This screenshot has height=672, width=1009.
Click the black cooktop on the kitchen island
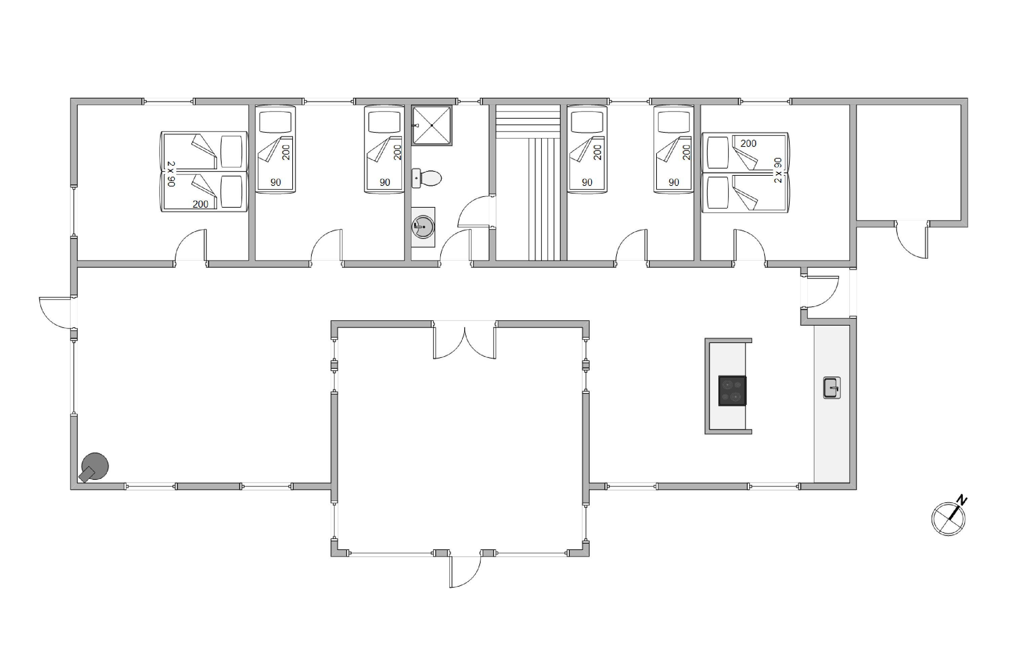tap(732, 390)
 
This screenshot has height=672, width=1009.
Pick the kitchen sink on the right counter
tap(831, 388)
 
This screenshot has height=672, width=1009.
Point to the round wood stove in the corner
tap(94, 467)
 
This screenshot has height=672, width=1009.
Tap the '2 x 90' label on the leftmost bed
tap(171, 174)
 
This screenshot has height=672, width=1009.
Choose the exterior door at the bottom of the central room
tap(465, 571)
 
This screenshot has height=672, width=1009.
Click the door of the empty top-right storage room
tap(911, 240)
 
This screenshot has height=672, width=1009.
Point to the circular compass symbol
tap(948, 518)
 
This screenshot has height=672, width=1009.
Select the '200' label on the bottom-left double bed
tap(200, 204)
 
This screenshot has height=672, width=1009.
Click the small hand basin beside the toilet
tap(416, 178)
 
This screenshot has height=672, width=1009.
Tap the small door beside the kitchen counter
tap(822, 292)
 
